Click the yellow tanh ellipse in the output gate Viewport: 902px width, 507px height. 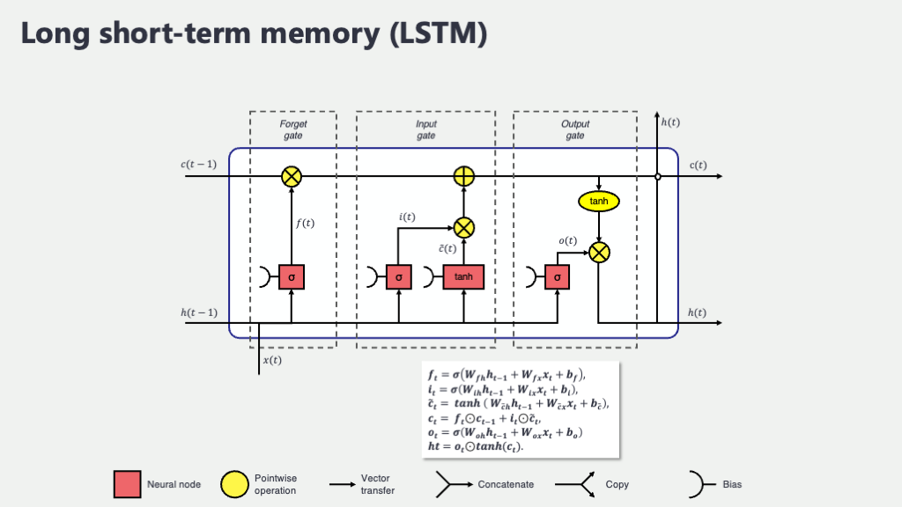coord(599,202)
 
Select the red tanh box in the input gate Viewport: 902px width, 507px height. coord(463,277)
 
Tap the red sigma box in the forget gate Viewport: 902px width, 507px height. coord(291,277)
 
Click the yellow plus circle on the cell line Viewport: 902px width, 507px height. coord(464,177)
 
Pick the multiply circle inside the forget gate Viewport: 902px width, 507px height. coord(292,177)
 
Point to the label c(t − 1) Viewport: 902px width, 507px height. coord(199,165)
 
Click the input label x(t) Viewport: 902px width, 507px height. coord(273,360)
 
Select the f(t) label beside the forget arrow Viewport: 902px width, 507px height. coord(304,223)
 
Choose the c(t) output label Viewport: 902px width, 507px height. coord(699,165)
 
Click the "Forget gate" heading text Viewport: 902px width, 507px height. coord(293,129)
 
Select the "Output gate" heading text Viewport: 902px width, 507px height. coord(575,129)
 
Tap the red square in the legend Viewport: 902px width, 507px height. coord(127,484)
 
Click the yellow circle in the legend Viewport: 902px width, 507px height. coord(234,484)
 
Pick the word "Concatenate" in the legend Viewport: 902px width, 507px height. coord(506,484)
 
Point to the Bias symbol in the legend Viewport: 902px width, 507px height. coord(695,484)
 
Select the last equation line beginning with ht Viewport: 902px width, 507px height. coord(476,446)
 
